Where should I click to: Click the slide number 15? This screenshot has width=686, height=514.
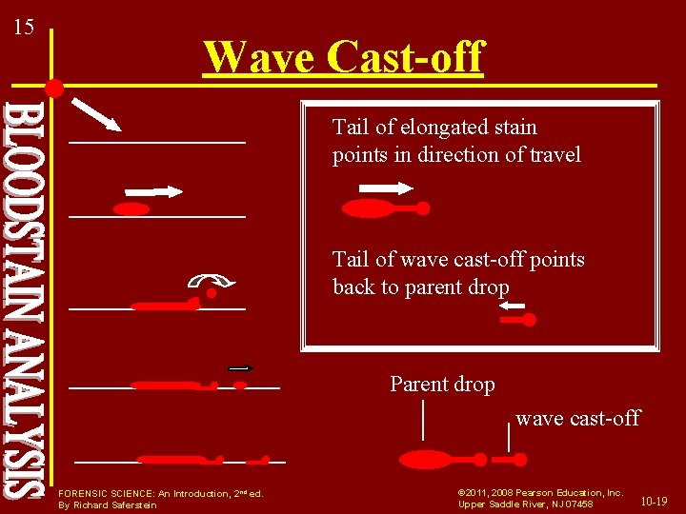point(24,27)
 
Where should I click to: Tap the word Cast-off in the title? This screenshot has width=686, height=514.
point(406,57)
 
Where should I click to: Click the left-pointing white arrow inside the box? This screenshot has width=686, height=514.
point(513,306)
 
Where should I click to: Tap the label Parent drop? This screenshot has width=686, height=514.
point(442,385)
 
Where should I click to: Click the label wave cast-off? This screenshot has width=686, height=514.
point(577,418)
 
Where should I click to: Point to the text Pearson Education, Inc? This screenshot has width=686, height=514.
point(569,493)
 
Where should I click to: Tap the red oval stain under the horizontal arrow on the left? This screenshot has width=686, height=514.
point(131,208)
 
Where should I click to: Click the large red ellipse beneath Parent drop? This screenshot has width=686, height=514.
point(425,460)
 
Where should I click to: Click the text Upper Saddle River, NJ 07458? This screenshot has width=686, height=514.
point(525,504)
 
